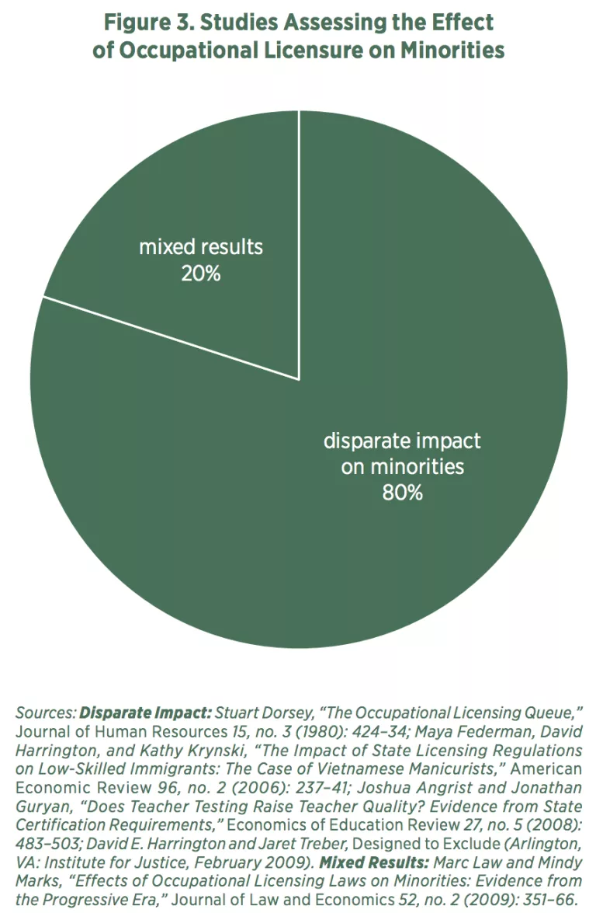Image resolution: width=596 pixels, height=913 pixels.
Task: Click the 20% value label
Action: click(x=201, y=274)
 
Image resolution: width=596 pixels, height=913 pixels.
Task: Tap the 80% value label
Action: click(x=402, y=493)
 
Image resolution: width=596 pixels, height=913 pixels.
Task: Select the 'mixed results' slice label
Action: click(x=201, y=248)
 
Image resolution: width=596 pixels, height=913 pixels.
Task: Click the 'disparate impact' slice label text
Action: click(x=402, y=441)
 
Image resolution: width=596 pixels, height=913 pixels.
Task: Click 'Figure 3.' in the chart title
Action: click(x=147, y=22)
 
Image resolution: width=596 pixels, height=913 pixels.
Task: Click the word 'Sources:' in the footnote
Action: click(x=46, y=713)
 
